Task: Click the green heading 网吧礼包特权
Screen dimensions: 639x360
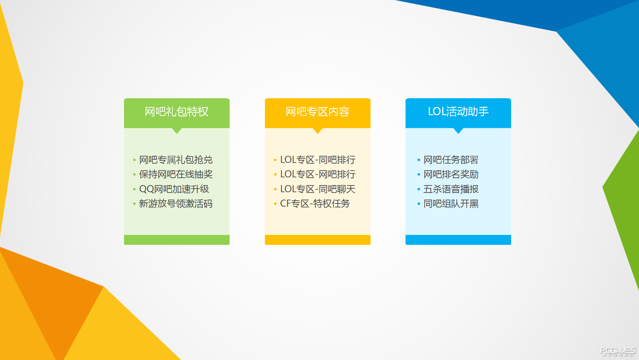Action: click(177, 112)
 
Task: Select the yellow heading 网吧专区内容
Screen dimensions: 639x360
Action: click(318, 112)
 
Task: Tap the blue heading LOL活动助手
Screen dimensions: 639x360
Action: click(458, 112)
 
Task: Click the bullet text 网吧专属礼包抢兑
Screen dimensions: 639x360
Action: click(176, 160)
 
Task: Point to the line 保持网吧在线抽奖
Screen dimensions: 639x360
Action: click(176, 174)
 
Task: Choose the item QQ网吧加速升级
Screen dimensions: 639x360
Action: click(174, 189)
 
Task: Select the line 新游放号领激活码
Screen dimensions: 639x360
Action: click(176, 203)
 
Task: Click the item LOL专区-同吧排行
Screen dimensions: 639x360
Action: click(318, 160)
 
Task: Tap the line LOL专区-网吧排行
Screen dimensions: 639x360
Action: click(318, 174)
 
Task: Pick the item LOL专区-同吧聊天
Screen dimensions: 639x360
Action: click(318, 189)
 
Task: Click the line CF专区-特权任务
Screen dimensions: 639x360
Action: click(315, 203)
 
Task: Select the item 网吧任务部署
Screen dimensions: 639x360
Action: click(451, 160)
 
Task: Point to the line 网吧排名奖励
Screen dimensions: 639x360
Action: click(451, 174)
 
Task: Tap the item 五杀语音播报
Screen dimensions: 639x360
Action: click(451, 189)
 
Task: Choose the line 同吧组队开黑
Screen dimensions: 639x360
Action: click(451, 203)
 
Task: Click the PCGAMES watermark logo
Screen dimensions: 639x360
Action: click(618, 351)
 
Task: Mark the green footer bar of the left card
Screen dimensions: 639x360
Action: click(177, 240)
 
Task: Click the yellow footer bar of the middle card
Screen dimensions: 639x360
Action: click(318, 240)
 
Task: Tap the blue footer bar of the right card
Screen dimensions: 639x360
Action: click(458, 240)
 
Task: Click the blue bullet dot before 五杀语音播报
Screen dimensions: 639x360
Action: click(419, 189)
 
